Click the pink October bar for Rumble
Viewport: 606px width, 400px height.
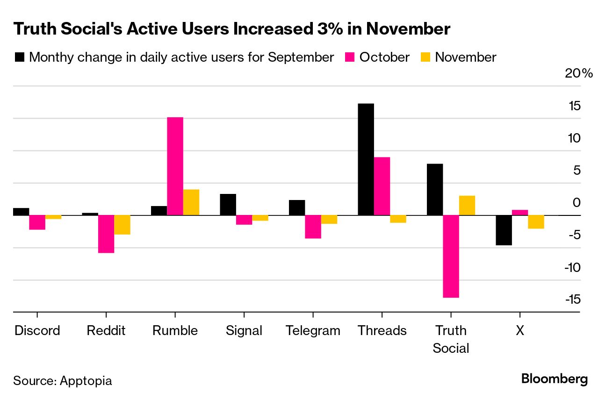coord(175,166)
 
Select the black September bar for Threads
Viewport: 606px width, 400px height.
coord(366,159)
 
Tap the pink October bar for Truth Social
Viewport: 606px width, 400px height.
coord(451,256)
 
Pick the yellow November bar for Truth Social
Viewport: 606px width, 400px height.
coord(467,206)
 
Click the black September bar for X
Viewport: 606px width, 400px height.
coord(504,230)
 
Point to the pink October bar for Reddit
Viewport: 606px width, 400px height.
coord(106,234)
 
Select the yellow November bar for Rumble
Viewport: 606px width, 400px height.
coord(191,202)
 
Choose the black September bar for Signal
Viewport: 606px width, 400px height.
coord(228,204)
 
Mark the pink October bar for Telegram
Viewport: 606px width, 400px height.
coord(313,227)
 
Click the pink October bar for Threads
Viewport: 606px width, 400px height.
coord(382,186)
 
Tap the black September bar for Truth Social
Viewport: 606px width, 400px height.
coord(435,189)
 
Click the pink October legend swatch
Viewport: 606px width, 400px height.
coord(350,57)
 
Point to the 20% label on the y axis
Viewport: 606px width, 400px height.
coord(578,73)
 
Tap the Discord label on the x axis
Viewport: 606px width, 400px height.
coord(37,331)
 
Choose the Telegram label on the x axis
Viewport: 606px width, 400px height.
coord(313,331)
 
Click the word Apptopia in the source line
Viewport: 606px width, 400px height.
coord(86,380)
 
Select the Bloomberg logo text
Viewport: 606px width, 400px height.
coord(555,379)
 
